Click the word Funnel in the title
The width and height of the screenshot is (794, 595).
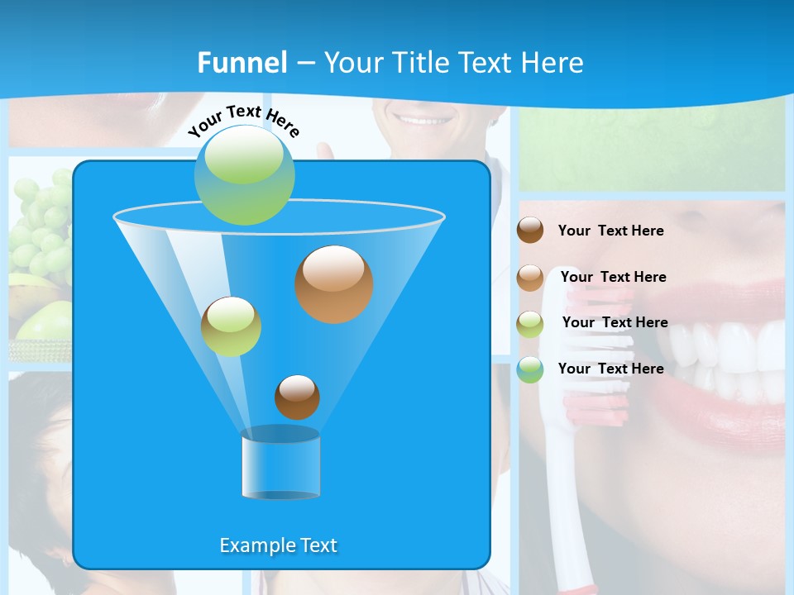tap(242, 63)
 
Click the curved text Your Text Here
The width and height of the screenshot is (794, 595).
tap(244, 121)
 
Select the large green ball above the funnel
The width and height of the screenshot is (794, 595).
tap(245, 174)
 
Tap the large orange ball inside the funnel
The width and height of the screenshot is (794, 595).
tap(333, 284)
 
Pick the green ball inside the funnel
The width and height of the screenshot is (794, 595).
tap(231, 326)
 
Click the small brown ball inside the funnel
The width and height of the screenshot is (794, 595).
tap(297, 397)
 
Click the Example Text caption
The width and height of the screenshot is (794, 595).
tap(278, 545)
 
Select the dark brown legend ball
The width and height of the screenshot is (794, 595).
tap(530, 231)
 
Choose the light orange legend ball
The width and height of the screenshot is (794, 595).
tap(530, 277)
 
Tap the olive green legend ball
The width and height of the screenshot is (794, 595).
tap(530, 323)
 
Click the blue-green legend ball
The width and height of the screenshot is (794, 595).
tap(530, 369)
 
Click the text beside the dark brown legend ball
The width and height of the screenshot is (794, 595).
tap(610, 231)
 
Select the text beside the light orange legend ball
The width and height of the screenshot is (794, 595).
tap(613, 277)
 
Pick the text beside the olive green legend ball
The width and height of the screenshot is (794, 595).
tap(615, 322)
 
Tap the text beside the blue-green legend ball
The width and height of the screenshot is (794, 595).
tap(610, 369)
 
